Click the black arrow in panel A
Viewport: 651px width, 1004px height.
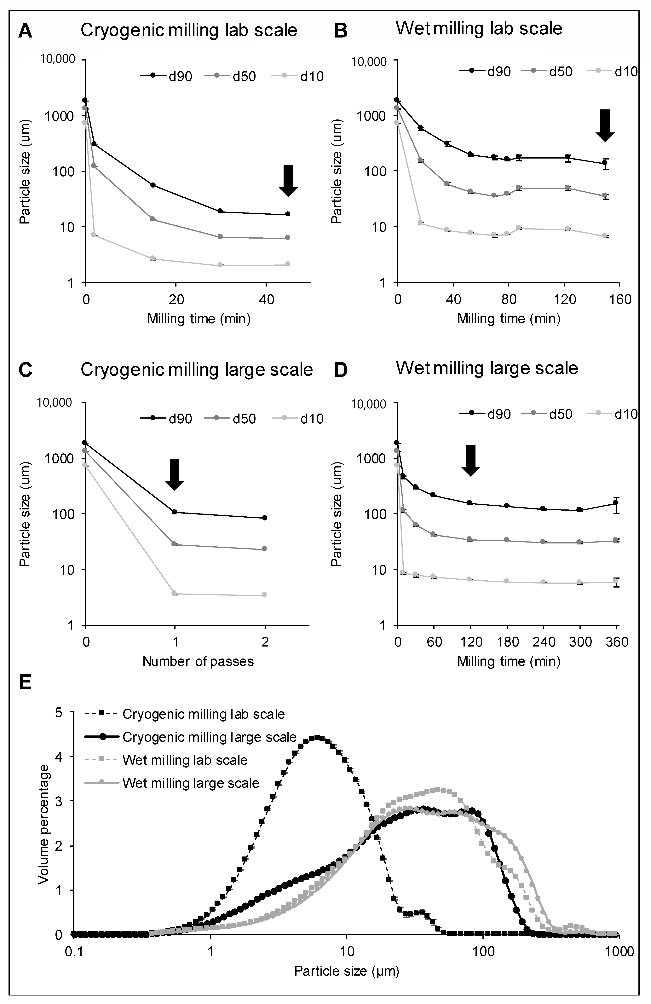tap(288, 181)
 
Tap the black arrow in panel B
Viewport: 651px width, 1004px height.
tap(605, 125)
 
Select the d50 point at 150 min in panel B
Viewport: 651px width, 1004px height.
tap(605, 195)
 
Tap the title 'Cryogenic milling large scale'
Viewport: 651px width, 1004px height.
tap(197, 369)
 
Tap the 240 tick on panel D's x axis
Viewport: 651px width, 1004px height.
tap(543, 642)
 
